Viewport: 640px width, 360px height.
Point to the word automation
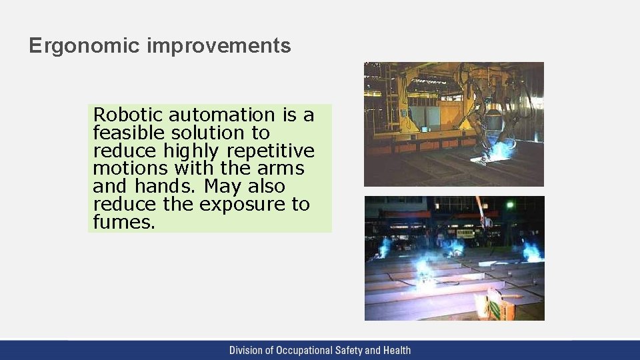click(223, 115)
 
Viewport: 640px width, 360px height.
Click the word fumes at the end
click(124, 222)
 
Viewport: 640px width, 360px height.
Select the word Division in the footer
click(247, 350)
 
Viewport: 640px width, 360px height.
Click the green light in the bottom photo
click(510, 205)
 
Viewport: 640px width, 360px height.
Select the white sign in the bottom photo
click(465, 233)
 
